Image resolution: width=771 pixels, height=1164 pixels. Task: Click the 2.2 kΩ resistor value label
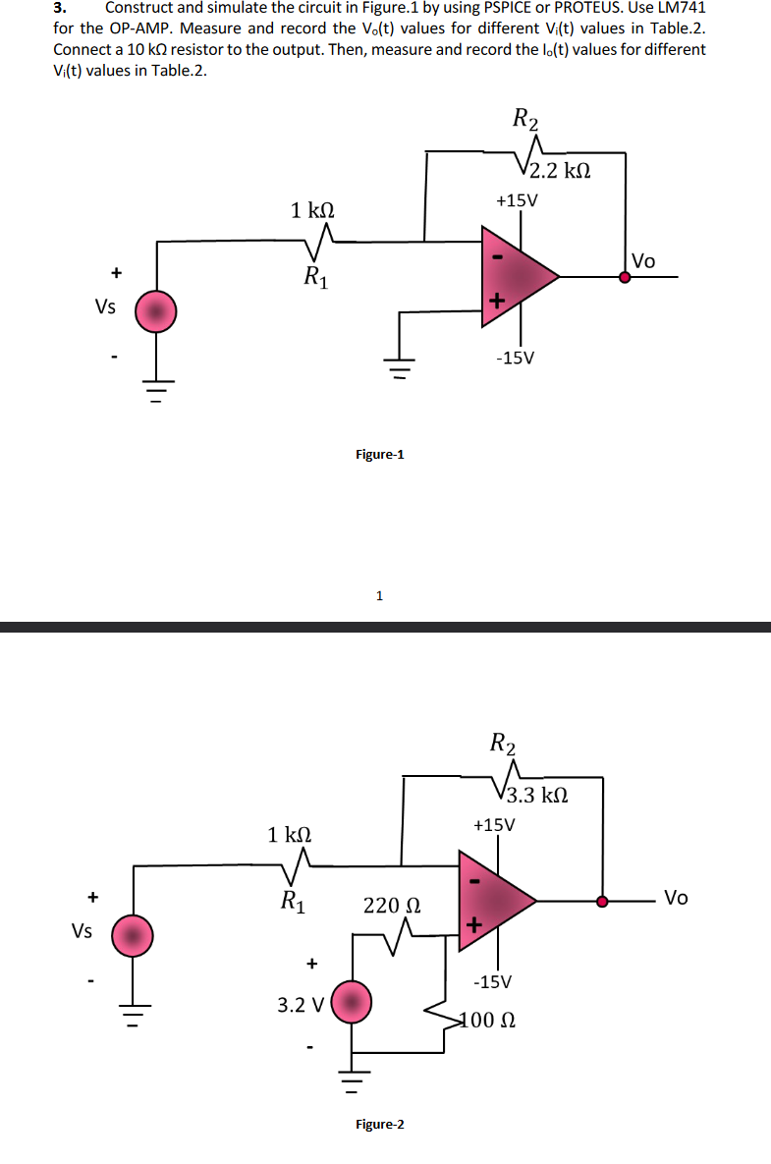(560, 171)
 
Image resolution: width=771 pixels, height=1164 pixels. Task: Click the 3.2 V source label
(300, 1005)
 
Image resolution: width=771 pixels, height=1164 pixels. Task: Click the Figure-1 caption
(379, 455)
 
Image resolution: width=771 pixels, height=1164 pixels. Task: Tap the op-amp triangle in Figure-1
(516, 276)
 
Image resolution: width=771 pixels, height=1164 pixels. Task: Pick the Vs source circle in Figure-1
(155, 311)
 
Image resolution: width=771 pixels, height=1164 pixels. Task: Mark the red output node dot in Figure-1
(625, 277)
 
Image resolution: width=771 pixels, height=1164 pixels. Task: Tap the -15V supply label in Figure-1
(516, 358)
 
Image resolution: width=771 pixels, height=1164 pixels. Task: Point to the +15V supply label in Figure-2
(493, 824)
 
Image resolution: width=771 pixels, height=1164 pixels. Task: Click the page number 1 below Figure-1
(380, 594)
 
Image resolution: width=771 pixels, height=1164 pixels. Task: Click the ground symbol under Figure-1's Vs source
(155, 384)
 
